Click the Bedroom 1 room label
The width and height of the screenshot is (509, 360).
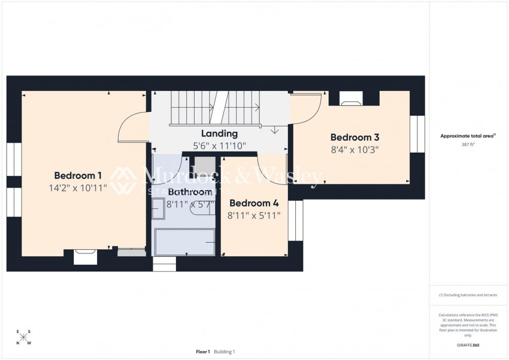[78, 176]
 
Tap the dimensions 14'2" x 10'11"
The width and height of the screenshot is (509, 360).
[78, 187]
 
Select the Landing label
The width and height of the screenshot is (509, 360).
[219, 134]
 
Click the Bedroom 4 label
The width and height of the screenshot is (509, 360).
[254, 202]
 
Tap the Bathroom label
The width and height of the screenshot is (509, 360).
[190, 192]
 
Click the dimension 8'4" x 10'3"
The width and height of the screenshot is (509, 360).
[355, 149]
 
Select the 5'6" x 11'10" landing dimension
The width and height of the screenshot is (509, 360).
[219, 146]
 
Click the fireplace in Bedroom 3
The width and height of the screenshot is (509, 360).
[350, 98]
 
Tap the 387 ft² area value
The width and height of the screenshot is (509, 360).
[468, 145]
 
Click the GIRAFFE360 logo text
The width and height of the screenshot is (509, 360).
[468, 345]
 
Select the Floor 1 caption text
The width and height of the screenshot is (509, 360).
[202, 352]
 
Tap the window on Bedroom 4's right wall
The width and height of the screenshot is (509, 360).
[296, 220]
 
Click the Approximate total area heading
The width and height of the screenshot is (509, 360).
[468, 136]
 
